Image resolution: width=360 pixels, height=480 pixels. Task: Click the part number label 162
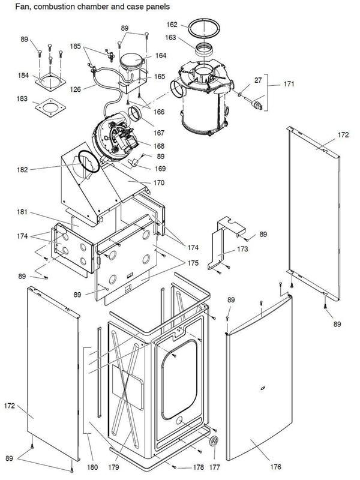pos(172,25)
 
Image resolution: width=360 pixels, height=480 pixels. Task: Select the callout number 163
pos(172,37)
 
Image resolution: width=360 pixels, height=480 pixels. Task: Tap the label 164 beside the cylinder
pos(161,55)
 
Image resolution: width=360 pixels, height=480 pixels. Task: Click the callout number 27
pos(258,79)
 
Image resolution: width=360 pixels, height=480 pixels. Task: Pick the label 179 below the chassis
pos(114,466)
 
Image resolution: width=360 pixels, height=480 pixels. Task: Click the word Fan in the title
pos(11,7)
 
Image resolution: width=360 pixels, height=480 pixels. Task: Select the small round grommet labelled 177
pos(214,442)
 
